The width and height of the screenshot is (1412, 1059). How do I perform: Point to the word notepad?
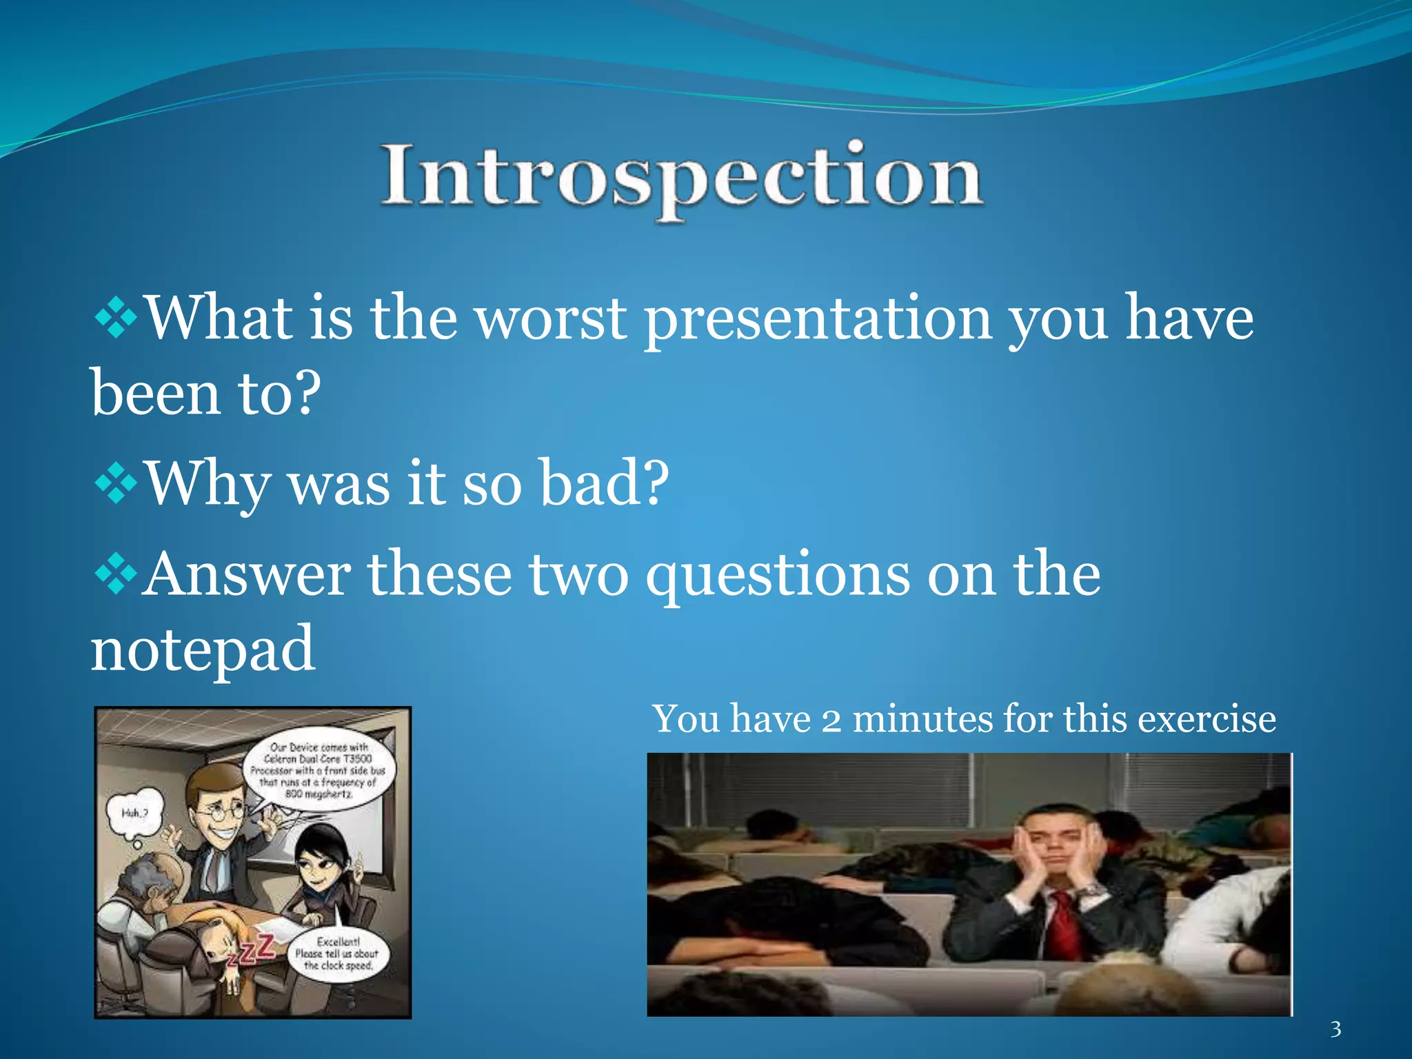(203, 648)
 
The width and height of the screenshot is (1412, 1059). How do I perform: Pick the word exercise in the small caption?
(1207, 719)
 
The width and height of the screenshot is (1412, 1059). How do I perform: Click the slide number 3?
(1335, 1029)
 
